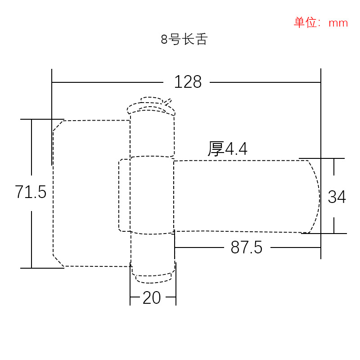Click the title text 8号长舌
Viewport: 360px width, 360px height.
point(184,40)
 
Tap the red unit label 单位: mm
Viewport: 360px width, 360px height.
point(321,22)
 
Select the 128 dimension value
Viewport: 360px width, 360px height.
point(188,82)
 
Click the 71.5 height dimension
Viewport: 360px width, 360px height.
point(31,192)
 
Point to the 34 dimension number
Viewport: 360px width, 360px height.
point(337,197)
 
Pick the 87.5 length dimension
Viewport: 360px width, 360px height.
point(246,247)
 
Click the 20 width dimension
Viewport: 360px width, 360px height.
point(152,297)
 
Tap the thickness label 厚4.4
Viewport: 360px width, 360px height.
point(227,149)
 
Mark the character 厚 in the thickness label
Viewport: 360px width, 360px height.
point(216,149)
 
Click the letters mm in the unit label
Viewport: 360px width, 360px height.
point(338,23)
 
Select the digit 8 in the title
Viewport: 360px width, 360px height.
point(164,40)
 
